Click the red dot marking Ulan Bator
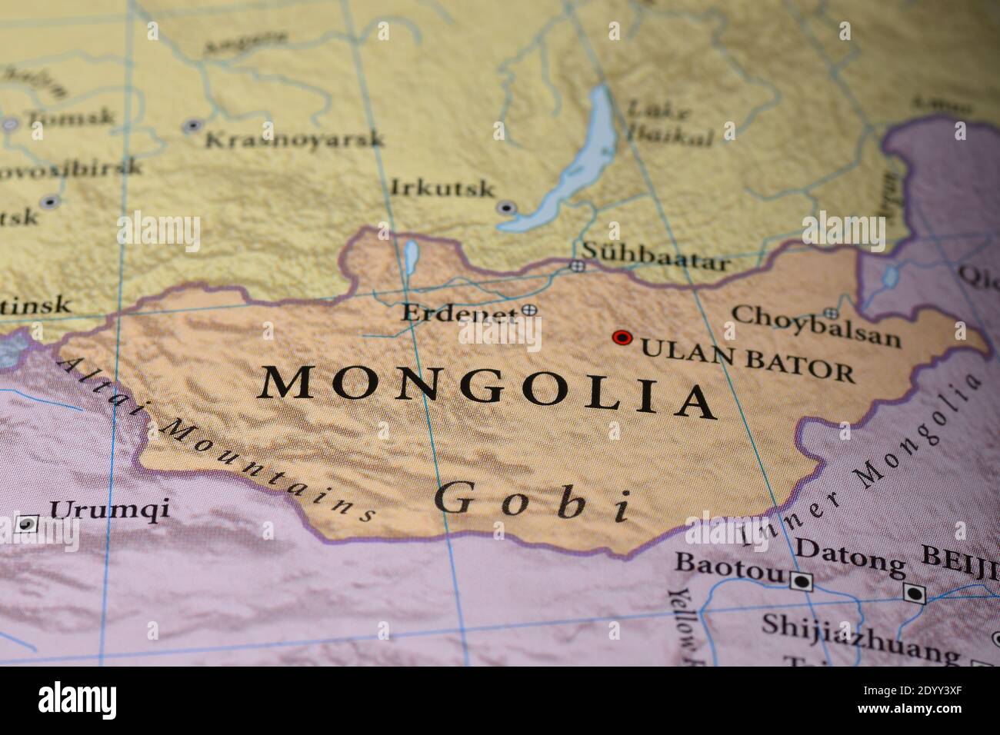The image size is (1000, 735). coord(622,338)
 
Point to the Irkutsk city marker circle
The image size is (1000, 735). coord(505,208)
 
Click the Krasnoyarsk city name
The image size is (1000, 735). coord(294,139)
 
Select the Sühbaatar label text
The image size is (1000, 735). coord(655,256)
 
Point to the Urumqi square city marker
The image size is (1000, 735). coord(27,524)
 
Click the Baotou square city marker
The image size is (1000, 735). coord(801,582)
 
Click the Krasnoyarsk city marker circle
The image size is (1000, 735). coord(193,125)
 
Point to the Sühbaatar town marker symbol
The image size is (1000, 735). coord(577,267)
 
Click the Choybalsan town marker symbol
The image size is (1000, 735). coord(831,313)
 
